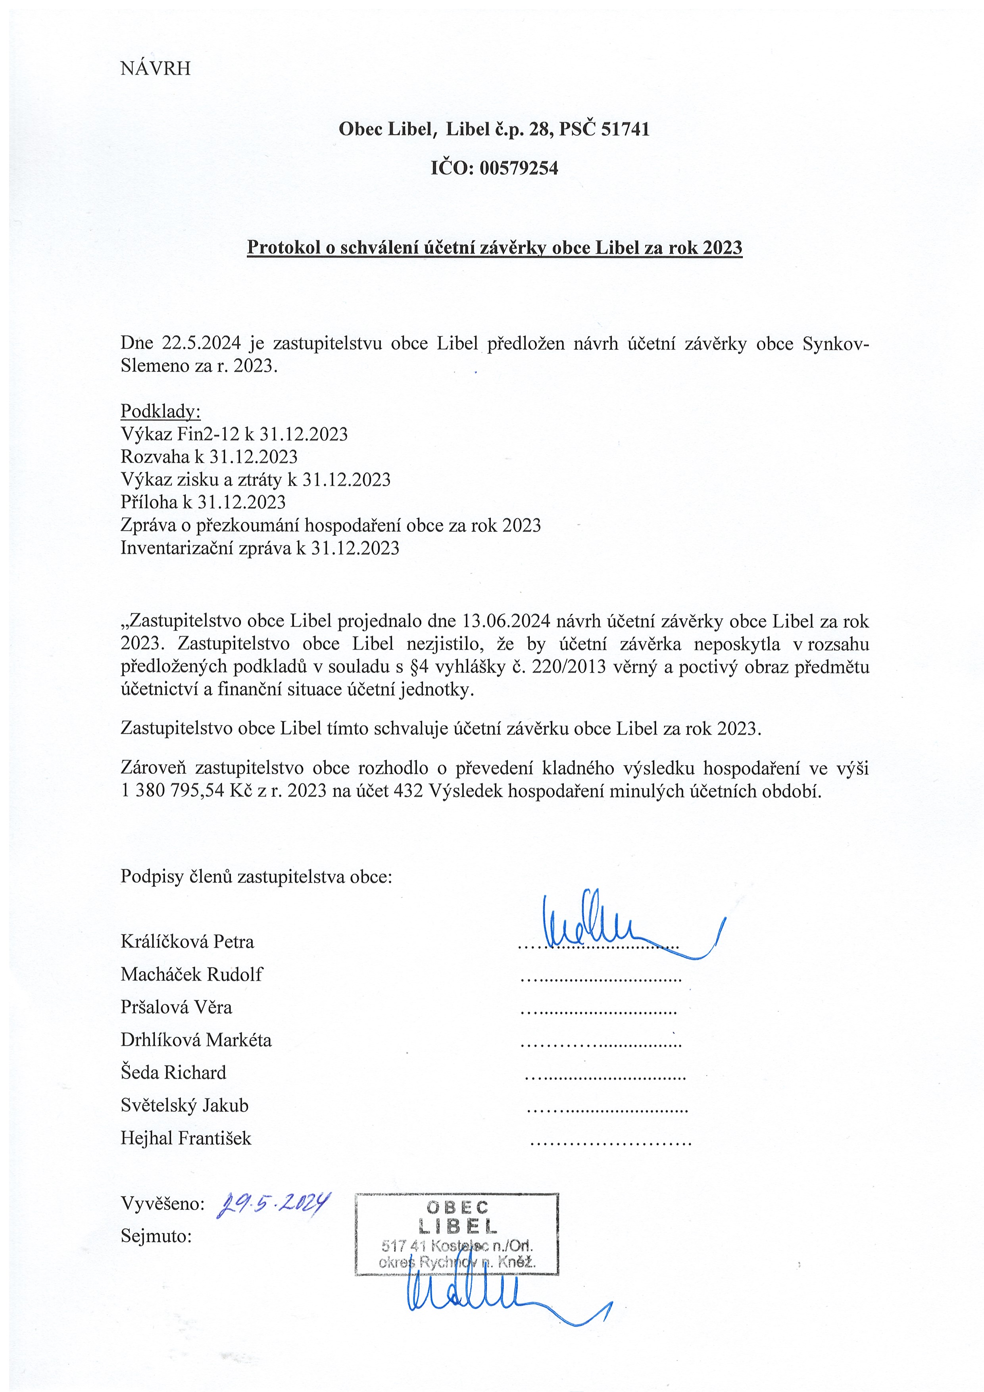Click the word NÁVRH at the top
click(x=155, y=69)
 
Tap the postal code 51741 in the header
click(x=625, y=129)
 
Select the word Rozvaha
click(x=155, y=456)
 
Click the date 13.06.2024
click(x=505, y=621)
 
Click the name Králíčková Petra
click(x=187, y=942)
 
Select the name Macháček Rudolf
click(x=192, y=974)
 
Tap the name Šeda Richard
click(x=173, y=1073)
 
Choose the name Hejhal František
click(x=186, y=1138)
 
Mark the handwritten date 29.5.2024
click(x=273, y=1204)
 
